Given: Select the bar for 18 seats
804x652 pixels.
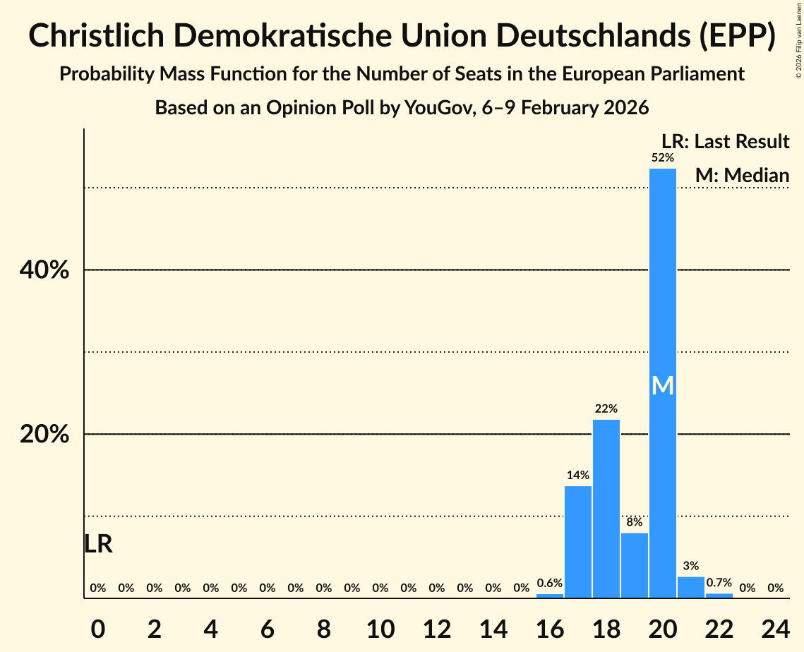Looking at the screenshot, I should coord(606,508).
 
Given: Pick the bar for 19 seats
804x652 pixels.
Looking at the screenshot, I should coord(635,565).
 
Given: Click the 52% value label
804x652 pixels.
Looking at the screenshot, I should coord(663,158).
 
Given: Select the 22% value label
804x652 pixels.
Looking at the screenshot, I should coord(606,409).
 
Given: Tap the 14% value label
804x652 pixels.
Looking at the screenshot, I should coord(578,475).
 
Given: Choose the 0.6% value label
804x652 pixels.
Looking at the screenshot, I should coord(550,584).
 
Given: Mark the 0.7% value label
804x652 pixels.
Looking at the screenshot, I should coord(719,584).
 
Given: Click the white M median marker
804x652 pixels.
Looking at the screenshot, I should coord(663,385).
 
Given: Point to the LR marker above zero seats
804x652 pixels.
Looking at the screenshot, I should coord(98,544).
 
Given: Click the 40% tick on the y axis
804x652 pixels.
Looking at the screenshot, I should coord(44,270).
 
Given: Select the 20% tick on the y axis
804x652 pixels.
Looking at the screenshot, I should coord(44,434).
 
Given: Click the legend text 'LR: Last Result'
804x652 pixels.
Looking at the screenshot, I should coord(725,142).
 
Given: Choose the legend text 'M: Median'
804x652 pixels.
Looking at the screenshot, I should coord(742,175).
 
